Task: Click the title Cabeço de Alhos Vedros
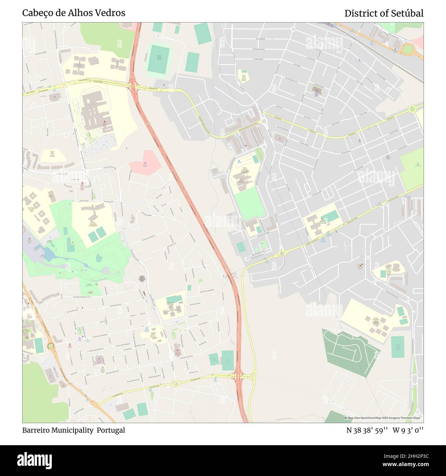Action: [74, 13]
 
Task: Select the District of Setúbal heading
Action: [384, 13]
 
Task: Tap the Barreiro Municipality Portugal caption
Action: [74, 430]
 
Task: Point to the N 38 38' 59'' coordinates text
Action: [367, 430]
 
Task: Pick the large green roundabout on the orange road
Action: [408, 50]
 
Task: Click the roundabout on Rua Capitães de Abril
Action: [176, 383]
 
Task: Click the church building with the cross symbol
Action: [316, 90]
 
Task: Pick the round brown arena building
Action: [141, 278]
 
